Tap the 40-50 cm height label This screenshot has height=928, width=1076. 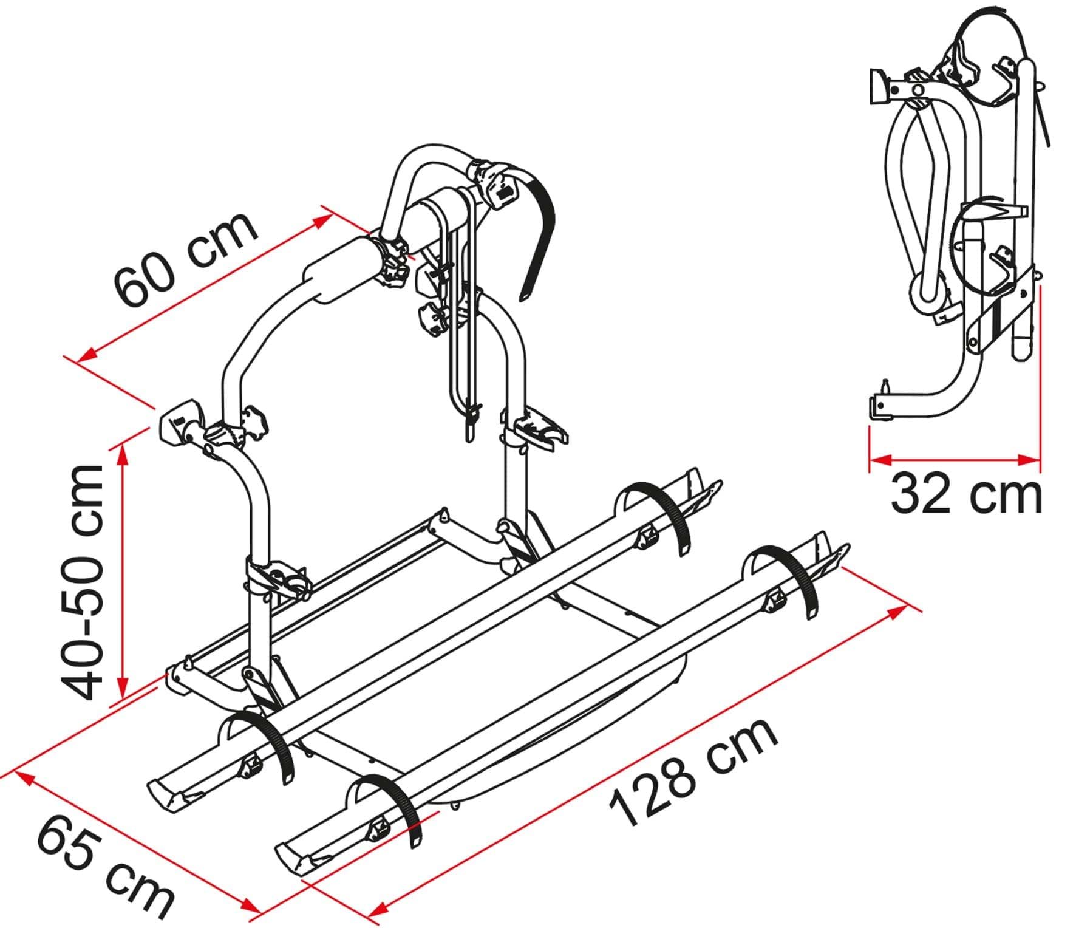(x=83, y=583)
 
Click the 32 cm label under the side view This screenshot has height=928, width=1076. (x=965, y=495)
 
